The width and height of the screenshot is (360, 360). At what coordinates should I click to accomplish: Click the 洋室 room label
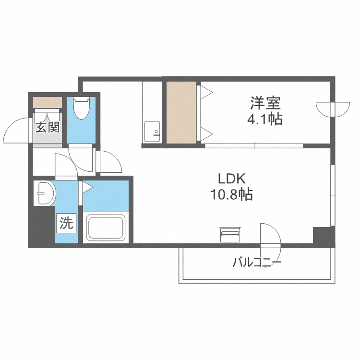point(264,103)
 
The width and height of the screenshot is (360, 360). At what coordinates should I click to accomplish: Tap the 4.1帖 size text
point(264,119)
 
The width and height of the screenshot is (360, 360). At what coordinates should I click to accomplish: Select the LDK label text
point(232,180)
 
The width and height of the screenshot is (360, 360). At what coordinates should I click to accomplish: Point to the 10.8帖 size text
point(232,195)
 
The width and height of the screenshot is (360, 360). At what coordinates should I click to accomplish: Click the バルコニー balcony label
point(256,263)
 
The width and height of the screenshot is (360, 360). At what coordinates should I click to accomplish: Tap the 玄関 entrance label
point(47,128)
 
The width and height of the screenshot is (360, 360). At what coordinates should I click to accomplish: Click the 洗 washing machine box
point(66,223)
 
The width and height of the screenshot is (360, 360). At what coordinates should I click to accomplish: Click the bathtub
point(105,228)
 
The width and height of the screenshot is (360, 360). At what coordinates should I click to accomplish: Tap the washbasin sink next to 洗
point(44,193)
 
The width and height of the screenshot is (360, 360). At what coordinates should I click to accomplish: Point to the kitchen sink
point(153,131)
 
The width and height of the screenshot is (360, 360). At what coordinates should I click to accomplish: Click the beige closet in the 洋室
point(181,112)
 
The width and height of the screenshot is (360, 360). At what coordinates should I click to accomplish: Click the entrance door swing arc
point(16,130)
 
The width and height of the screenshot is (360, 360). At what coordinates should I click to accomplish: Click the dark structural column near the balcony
point(323,236)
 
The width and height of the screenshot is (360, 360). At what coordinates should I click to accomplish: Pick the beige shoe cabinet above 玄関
point(48,102)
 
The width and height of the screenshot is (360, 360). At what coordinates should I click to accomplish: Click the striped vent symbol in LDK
point(229,234)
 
